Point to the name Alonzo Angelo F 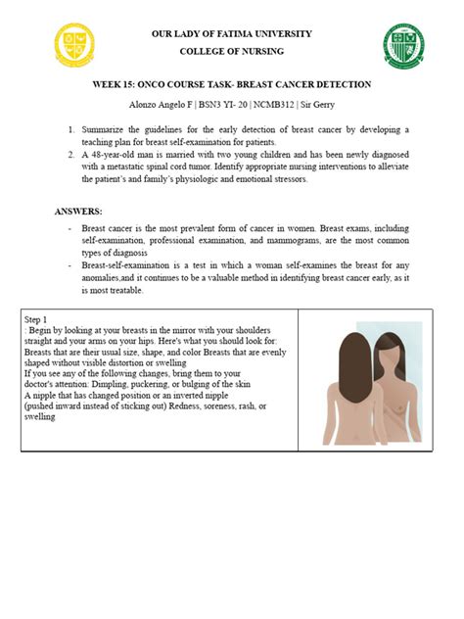(158, 104)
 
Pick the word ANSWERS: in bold (77, 211)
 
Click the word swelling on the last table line (40, 417)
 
